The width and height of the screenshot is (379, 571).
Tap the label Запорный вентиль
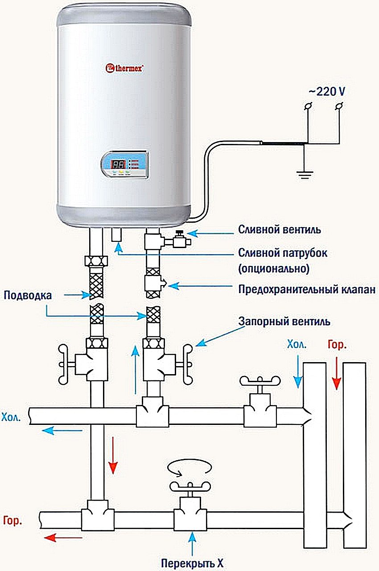[284, 321]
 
